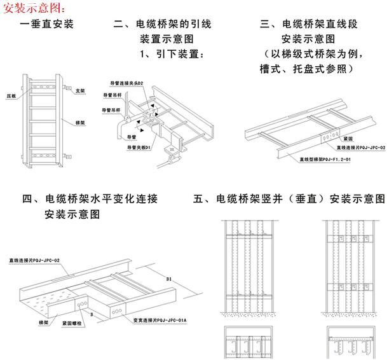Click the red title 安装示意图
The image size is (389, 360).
pos(33,8)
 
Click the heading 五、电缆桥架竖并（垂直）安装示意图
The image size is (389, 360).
pos(289,200)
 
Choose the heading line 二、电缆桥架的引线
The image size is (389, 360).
pos(162,25)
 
